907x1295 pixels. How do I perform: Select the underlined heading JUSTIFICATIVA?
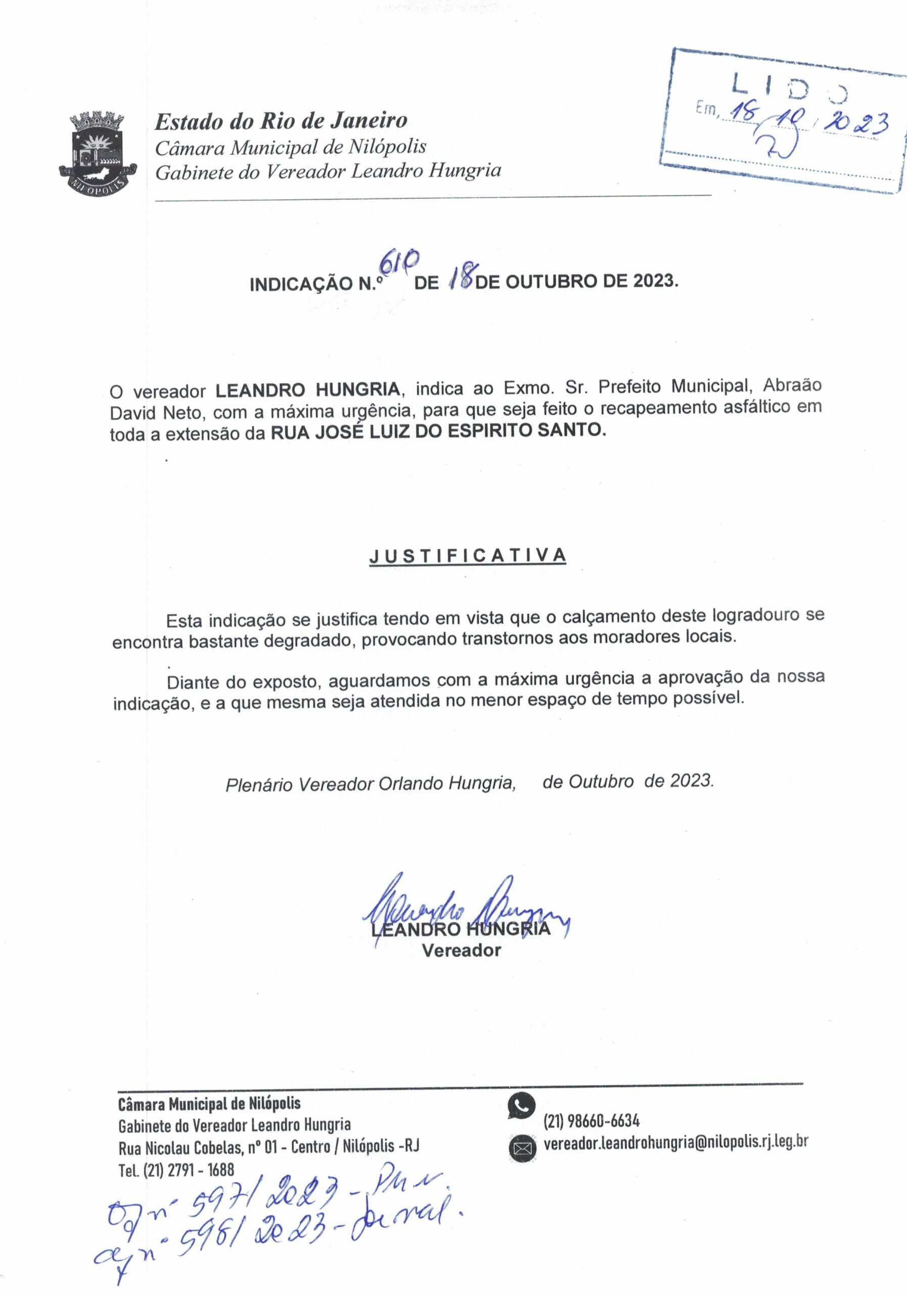click(467, 555)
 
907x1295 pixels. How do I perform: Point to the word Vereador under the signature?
click(461, 951)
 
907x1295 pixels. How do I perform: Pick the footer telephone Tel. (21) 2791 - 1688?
click(176, 1169)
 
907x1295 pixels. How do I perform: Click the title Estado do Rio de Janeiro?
click(281, 121)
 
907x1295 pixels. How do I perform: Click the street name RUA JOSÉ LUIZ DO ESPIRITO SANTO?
click(438, 431)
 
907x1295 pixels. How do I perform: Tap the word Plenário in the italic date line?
click(259, 785)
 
